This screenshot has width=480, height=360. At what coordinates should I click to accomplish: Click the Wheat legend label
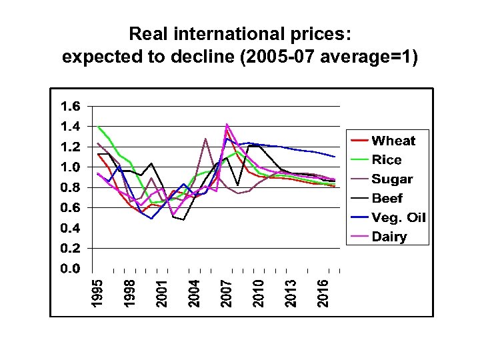(393, 141)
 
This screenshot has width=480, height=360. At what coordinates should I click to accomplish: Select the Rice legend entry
(387, 160)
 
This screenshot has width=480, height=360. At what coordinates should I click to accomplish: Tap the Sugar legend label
(392, 179)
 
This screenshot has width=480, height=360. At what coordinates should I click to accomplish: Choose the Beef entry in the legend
(387, 199)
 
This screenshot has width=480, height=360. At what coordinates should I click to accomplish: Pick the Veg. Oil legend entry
(399, 218)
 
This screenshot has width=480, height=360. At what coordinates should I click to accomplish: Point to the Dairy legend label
(389, 237)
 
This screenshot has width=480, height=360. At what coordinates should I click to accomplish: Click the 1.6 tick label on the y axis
(70, 106)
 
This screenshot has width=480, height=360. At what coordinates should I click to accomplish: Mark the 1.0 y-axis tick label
(70, 167)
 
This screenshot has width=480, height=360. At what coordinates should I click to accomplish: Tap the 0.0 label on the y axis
(70, 269)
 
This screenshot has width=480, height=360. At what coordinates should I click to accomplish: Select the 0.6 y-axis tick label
(70, 208)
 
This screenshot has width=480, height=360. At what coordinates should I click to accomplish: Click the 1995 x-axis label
(97, 293)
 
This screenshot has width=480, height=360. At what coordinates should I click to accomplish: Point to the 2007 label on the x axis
(227, 293)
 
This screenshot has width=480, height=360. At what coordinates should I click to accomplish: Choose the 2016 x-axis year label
(323, 293)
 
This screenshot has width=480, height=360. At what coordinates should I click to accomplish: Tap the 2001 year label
(161, 293)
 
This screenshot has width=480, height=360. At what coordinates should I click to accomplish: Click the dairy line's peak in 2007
(227, 124)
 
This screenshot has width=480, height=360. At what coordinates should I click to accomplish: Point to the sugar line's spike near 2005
(205, 139)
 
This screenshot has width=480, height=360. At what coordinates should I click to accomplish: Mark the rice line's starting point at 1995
(98, 126)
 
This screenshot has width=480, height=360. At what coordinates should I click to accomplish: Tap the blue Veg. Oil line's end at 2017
(334, 157)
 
